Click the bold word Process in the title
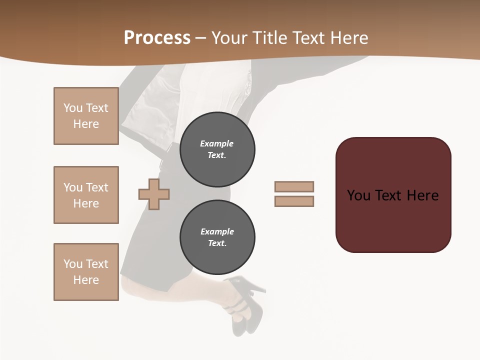tap(157, 38)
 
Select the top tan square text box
tap(86, 116)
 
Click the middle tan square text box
tap(86, 195)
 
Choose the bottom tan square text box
tap(86, 272)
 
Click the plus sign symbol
tap(154, 193)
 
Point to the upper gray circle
tap(217, 149)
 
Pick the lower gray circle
tap(217, 237)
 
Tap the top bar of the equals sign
tap(294, 186)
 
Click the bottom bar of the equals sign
tap(294, 201)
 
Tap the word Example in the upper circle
tap(217, 143)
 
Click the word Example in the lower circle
tap(217, 231)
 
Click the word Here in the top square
tap(86, 124)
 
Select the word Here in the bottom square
tap(86, 280)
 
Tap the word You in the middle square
tap(72, 187)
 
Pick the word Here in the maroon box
tap(423, 195)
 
